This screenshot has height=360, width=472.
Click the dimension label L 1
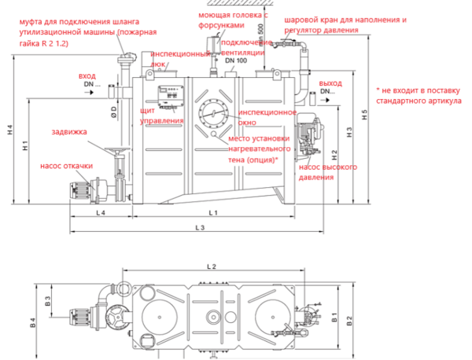click(212, 214)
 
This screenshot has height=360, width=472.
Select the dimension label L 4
click(101, 214)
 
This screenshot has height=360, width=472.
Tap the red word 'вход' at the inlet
click(87, 76)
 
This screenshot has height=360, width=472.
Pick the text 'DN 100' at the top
click(236, 61)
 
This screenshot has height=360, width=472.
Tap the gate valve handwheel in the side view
click(118, 151)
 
